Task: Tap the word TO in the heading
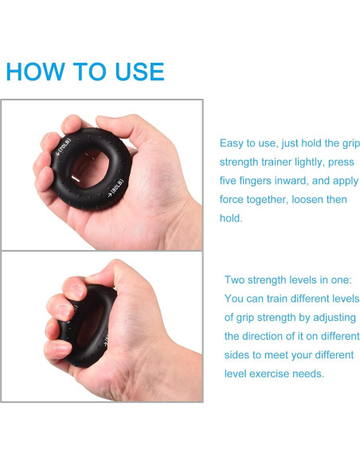tap(85, 72)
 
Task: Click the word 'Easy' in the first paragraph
tap(233, 143)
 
